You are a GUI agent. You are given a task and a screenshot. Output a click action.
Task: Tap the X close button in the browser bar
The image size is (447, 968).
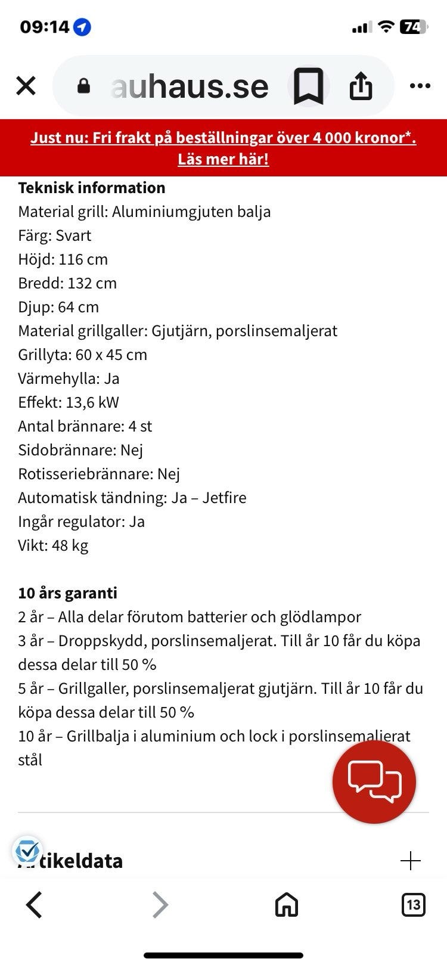[26, 86]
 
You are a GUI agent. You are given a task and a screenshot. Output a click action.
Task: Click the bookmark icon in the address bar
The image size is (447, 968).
[309, 86]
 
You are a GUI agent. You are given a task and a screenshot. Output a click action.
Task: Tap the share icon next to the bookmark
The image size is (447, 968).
[361, 86]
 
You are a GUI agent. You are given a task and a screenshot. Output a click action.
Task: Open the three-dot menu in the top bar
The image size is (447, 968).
[420, 86]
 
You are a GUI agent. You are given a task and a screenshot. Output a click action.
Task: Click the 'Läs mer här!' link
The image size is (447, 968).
[223, 159]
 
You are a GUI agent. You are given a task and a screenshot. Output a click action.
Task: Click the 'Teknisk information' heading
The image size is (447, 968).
[92, 188]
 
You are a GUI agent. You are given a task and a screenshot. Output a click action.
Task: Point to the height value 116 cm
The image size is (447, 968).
[83, 259]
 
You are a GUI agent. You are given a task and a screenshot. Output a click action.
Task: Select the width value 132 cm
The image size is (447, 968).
[92, 283]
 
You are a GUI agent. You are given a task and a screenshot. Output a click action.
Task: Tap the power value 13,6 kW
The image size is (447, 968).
[92, 402]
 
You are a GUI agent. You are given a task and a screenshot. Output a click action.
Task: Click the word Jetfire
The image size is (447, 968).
[224, 498]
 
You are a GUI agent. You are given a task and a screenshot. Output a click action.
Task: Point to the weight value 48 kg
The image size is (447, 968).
[70, 545]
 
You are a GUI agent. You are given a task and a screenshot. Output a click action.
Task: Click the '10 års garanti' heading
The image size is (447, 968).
[68, 593]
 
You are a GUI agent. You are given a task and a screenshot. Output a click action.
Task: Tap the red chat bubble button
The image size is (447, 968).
[374, 781]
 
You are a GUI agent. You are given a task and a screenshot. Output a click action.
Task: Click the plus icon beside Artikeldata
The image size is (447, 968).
[411, 861]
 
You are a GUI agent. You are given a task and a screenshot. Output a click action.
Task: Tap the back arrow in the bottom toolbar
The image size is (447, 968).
[35, 905]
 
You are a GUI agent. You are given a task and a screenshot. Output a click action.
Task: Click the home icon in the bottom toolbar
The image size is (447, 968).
[286, 905]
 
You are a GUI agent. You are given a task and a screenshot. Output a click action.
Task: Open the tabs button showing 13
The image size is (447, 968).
[413, 905]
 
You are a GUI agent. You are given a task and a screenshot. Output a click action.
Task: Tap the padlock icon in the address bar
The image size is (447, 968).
[84, 86]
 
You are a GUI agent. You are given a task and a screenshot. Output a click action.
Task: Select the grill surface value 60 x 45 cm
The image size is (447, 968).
[111, 355]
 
